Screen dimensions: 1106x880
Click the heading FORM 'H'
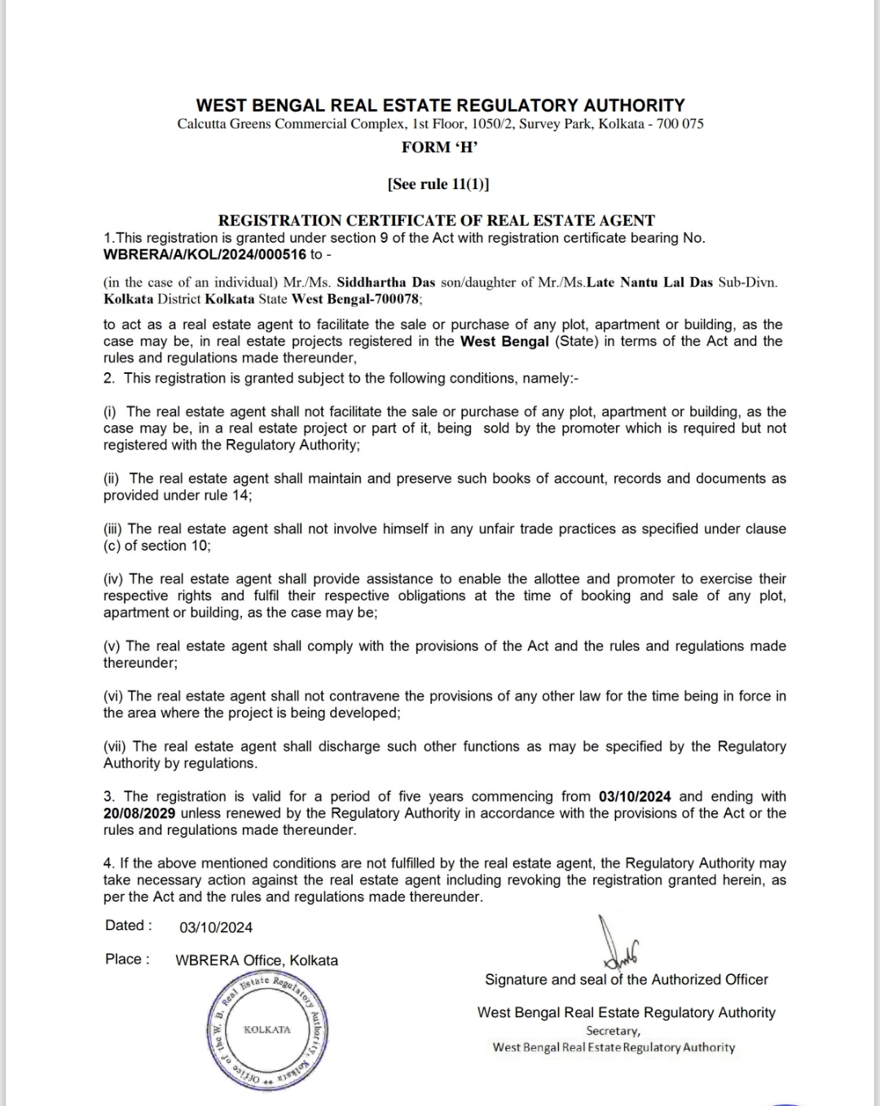[x=439, y=147]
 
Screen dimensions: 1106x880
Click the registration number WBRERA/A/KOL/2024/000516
[x=205, y=254]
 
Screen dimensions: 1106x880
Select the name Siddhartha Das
[x=386, y=283]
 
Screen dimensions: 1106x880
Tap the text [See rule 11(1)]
[x=439, y=184]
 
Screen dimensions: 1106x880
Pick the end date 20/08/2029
[x=140, y=813]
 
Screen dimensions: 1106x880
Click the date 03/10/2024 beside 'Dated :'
[x=216, y=927]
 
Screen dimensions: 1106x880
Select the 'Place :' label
[x=127, y=959]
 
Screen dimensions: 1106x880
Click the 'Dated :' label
[x=128, y=925]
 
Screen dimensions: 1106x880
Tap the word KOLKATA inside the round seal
[x=267, y=1029]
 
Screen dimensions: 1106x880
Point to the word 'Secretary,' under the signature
[x=613, y=1030]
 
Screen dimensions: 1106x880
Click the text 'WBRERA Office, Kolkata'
[x=257, y=960]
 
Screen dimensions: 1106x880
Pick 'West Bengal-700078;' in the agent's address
[x=357, y=299]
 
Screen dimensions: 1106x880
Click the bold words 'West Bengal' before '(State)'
[x=504, y=341]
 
